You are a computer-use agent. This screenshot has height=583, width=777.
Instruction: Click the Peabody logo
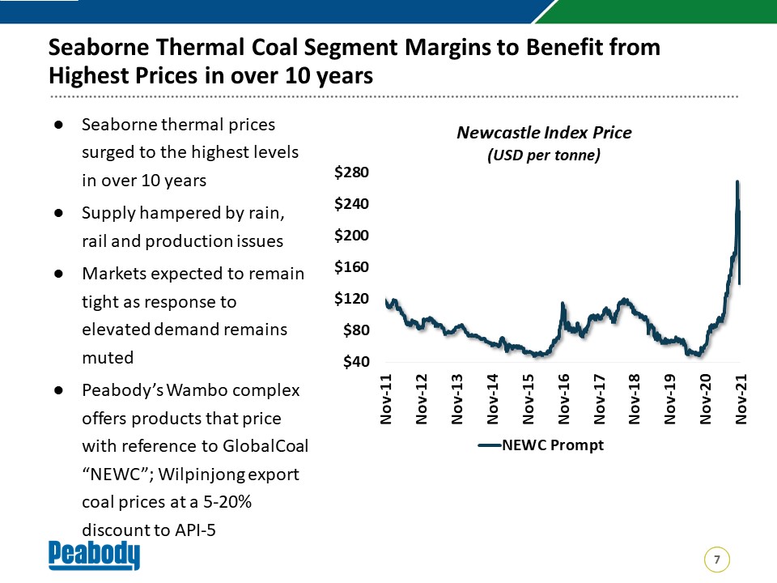(x=94, y=555)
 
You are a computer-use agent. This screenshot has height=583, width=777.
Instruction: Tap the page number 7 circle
(x=716, y=560)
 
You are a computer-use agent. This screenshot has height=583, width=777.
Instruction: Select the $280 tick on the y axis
(x=351, y=172)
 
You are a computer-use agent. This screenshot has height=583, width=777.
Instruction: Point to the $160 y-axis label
(x=351, y=266)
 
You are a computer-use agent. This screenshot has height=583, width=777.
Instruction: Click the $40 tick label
(x=356, y=361)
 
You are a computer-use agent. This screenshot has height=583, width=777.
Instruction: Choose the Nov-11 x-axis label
(x=386, y=399)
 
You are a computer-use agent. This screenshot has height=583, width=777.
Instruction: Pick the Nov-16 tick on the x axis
(x=563, y=399)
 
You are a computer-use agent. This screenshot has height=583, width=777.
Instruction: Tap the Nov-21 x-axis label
(x=741, y=399)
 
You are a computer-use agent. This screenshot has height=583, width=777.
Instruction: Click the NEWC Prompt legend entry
(x=541, y=445)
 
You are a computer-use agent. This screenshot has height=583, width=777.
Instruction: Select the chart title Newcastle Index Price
(x=544, y=132)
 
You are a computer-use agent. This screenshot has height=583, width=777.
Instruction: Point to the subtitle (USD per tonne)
(x=544, y=155)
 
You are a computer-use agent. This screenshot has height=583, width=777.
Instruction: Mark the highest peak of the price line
(x=737, y=182)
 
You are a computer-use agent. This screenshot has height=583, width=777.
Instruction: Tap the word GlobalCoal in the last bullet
(x=265, y=445)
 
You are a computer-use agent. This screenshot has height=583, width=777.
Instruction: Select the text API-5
(x=195, y=530)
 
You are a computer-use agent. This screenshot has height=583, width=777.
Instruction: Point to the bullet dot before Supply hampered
(x=59, y=213)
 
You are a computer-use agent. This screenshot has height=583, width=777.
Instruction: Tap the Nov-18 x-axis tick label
(x=635, y=399)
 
